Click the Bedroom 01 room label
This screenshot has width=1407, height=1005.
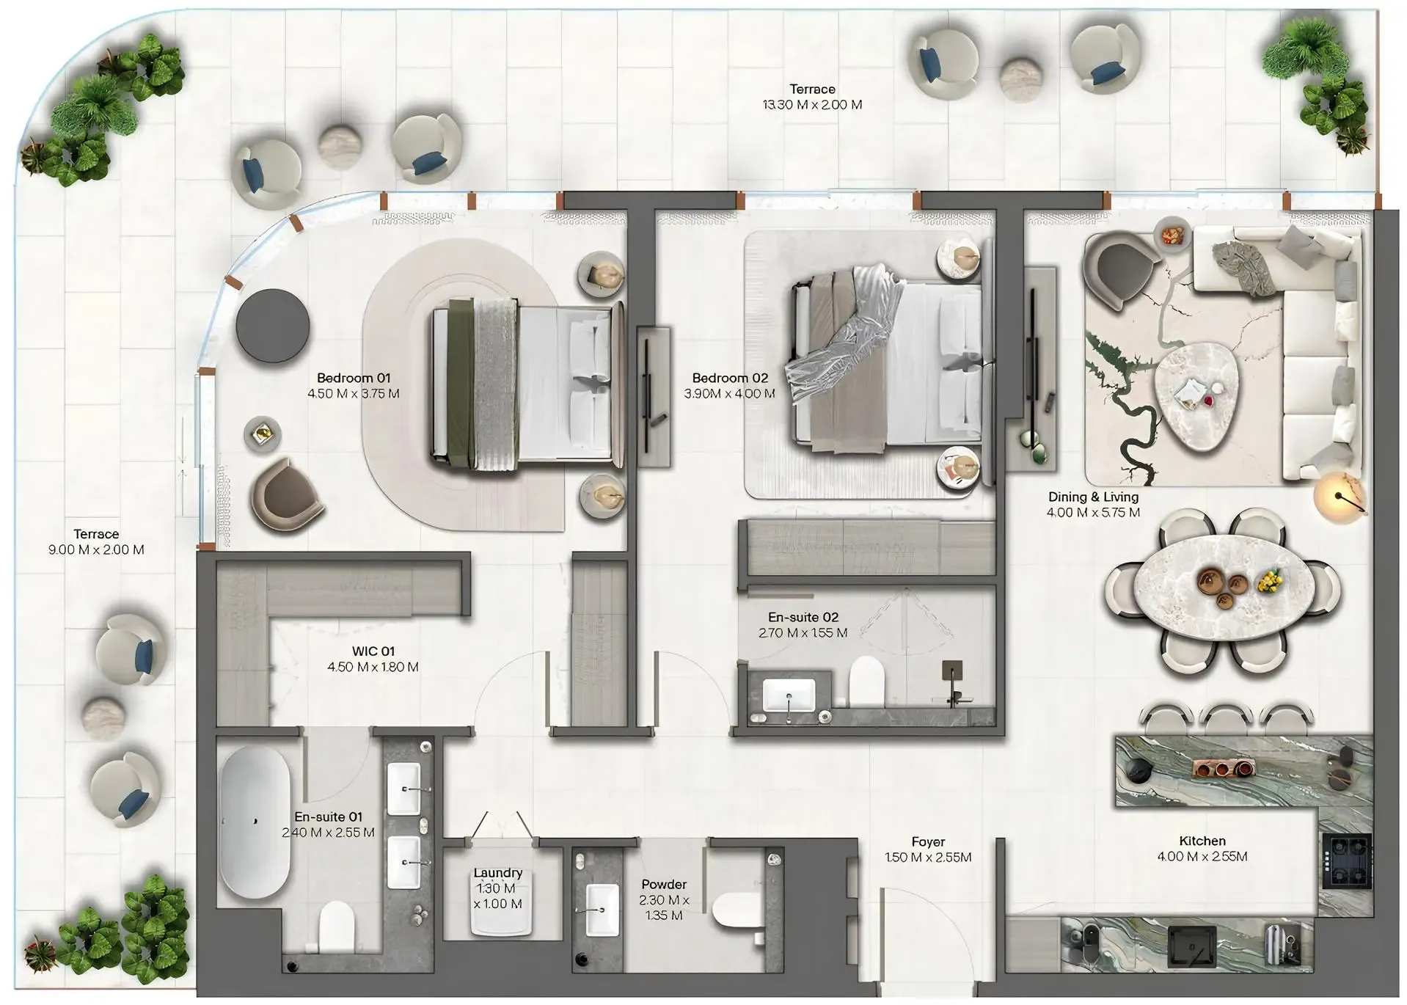(353, 378)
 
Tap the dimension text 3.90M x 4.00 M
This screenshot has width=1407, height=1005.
(730, 394)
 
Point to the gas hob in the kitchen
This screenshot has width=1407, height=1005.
(1347, 863)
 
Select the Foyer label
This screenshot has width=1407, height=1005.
(928, 842)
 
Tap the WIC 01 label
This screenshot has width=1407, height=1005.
(373, 651)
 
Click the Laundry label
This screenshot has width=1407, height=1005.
(497, 873)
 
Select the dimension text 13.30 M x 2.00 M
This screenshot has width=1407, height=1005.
(812, 105)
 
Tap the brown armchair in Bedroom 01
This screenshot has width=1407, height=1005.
(286, 492)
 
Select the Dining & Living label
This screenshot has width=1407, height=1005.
(1093, 497)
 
